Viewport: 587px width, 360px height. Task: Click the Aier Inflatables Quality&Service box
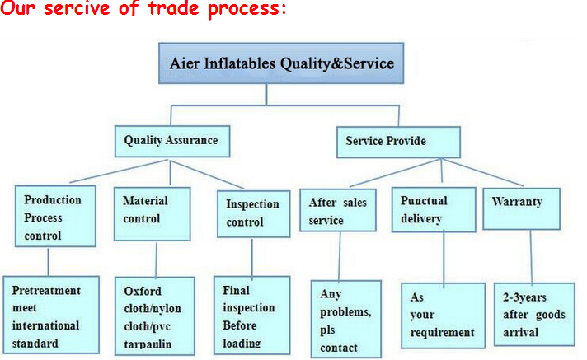(281, 63)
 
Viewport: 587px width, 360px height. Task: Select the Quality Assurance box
(171, 140)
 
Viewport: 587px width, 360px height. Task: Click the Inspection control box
(251, 213)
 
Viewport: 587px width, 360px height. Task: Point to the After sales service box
(339, 211)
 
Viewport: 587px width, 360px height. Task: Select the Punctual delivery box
(438, 209)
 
